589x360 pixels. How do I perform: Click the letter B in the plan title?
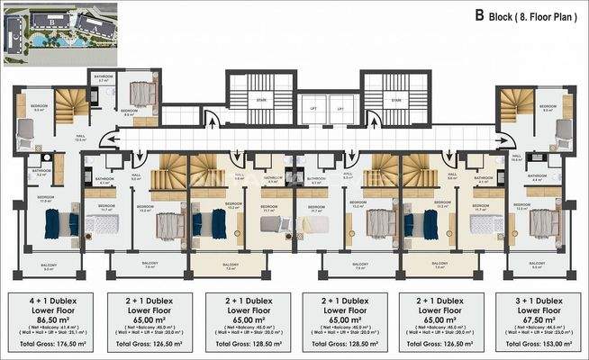click(481, 15)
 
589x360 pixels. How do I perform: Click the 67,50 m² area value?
click(537, 319)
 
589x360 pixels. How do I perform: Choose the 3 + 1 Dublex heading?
click(537, 298)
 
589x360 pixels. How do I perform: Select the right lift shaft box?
click(340, 109)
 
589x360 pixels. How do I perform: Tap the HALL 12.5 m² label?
click(80, 139)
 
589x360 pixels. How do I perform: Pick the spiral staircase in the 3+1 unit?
click(519, 108)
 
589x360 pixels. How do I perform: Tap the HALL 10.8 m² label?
click(517, 157)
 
